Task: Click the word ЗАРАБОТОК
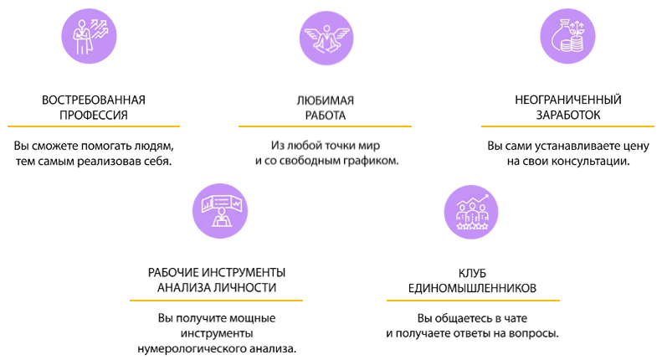point(568,115)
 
